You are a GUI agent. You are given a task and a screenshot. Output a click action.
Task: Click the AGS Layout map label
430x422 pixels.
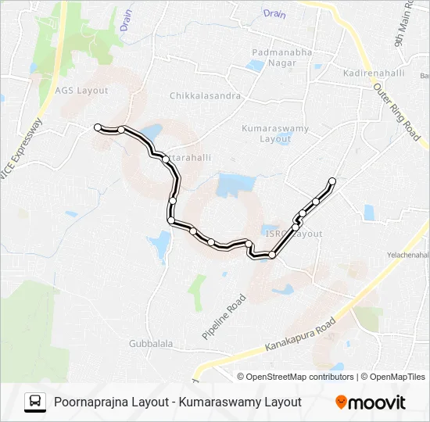[x=81, y=91]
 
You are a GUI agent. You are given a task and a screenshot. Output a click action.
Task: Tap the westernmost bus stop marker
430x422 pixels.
[x=98, y=127]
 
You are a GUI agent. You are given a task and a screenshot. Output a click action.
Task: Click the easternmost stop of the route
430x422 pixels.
[x=332, y=181]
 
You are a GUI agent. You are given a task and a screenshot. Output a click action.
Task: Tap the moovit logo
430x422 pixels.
[x=371, y=402]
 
